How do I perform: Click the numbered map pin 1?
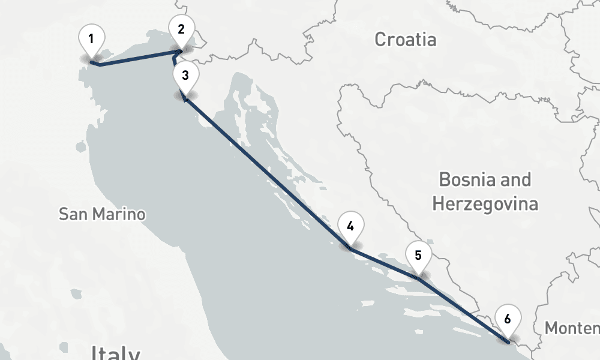[x=91, y=40]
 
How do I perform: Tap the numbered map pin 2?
[x=181, y=29]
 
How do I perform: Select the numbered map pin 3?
[x=185, y=76]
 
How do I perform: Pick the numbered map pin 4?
[x=350, y=227]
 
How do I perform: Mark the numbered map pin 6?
[x=508, y=319]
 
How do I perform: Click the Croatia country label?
[x=406, y=40]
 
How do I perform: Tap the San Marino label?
[x=102, y=214]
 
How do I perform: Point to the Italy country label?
[x=116, y=353]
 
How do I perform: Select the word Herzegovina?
[x=485, y=204]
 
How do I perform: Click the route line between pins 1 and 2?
[x=138, y=59]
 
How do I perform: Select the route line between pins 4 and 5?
[x=384, y=262]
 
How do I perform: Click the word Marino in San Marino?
[x=124, y=214]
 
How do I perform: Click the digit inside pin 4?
[x=350, y=226]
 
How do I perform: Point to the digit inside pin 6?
[x=508, y=319]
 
